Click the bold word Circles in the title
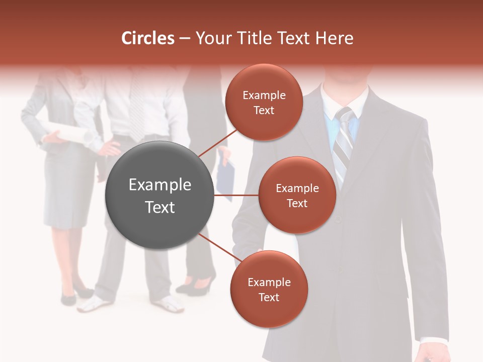147,38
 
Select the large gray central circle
159,195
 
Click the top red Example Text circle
264,102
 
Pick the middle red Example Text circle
297,195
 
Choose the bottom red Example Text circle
269,289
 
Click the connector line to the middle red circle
236,195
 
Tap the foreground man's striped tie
343,146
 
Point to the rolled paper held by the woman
68,132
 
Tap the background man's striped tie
136,111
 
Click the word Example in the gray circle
159,185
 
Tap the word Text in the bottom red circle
269,297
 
